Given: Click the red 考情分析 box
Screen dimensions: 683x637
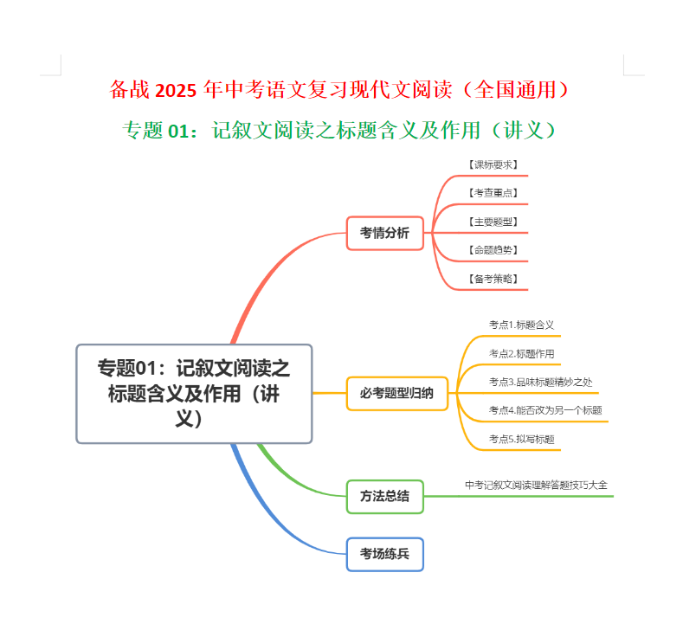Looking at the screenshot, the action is pyautogui.click(x=385, y=233).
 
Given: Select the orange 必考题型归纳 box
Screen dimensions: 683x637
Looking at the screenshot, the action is pyautogui.click(x=397, y=394).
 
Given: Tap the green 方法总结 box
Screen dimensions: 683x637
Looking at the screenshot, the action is pyautogui.click(x=385, y=497).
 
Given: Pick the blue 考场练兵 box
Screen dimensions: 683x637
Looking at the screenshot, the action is pyautogui.click(x=385, y=554).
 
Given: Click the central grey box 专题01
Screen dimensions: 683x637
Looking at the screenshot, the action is pyautogui.click(x=194, y=394).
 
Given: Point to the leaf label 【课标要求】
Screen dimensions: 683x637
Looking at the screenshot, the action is pyautogui.click(x=493, y=164).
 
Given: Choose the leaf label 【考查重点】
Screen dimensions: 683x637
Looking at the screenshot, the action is pyautogui.click(x=493, y=193).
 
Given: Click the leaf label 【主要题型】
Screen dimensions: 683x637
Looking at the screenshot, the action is pyautogui.click(x=493, y=222).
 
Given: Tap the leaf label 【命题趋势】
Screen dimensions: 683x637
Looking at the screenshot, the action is pyautogui.click(x=493, y=250).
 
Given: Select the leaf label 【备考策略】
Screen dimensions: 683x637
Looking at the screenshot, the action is pyautogui.click(x=493, y=279).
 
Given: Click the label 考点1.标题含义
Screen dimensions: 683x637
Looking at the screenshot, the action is pyautogui.click(x=521, y=325).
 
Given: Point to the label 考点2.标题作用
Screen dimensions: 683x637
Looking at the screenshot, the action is pyautogui.click(x=521, y=353).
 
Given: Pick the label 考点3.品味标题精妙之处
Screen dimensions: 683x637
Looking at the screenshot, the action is pyautogui.click(x=540, y=382).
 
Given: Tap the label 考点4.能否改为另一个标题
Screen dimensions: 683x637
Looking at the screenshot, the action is pyautogui.click(x=545, y=410).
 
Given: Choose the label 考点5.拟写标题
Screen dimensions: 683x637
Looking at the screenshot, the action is pyautogui.click(x=521, y=439).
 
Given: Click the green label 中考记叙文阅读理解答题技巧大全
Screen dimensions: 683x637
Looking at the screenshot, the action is pyautogui.click(x=536, y=485).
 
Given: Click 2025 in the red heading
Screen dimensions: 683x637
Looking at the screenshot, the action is pyautogui.click(x=176, y=91).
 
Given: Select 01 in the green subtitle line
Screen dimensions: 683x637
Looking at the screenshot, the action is pyautogui.click(x=178, y=131).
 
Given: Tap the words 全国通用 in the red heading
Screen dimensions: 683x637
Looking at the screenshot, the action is pyautogui.click(x=515, y=90).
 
